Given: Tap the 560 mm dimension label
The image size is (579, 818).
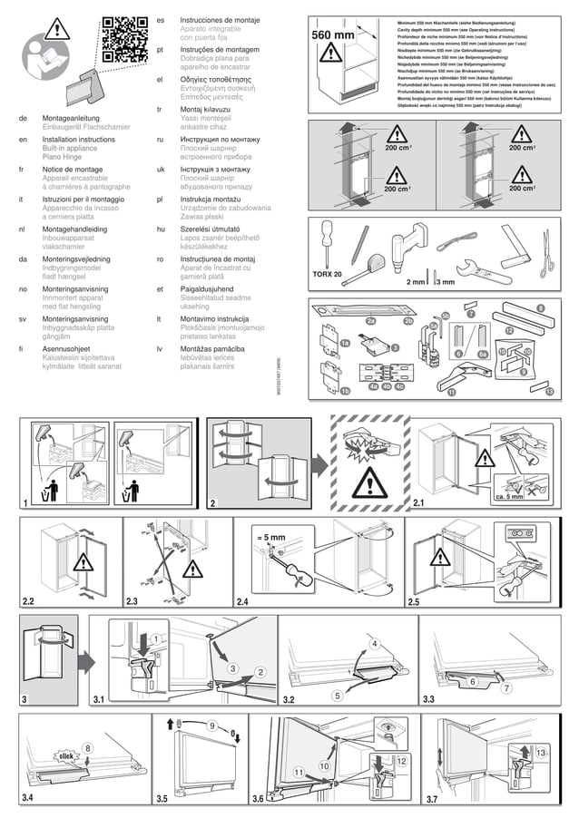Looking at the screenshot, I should coord(332,34).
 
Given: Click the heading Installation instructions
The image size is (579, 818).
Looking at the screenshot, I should coord(79,140).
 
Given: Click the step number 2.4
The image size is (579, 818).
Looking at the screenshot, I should coord(241,601).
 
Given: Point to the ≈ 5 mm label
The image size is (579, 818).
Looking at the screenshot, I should coord(270,538).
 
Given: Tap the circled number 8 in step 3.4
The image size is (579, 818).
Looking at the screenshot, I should coord(88,746).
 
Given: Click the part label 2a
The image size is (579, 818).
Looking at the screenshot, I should coord(370,321).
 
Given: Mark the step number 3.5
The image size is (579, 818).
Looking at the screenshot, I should coord(162,798).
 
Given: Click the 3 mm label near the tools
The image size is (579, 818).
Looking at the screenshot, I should coord(445,282).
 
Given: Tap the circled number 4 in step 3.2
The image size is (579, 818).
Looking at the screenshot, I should coord(374,643).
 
